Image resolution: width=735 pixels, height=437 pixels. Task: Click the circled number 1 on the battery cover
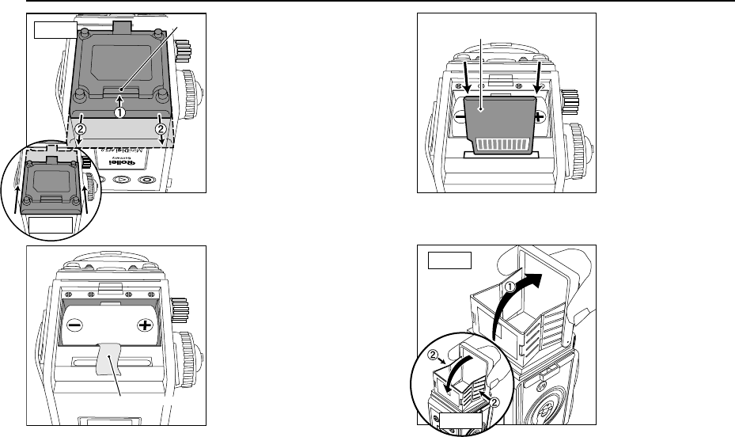point(120,112)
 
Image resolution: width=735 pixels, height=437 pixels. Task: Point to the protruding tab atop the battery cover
point(120,27)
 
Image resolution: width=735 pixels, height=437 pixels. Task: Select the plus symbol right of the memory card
point(540,116)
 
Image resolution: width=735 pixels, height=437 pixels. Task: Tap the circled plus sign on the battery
point(145,325)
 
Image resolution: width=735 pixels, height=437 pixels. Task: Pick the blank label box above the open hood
point(449,260)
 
